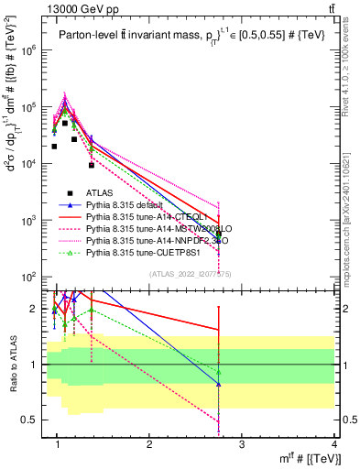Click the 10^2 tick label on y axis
[31, 278]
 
